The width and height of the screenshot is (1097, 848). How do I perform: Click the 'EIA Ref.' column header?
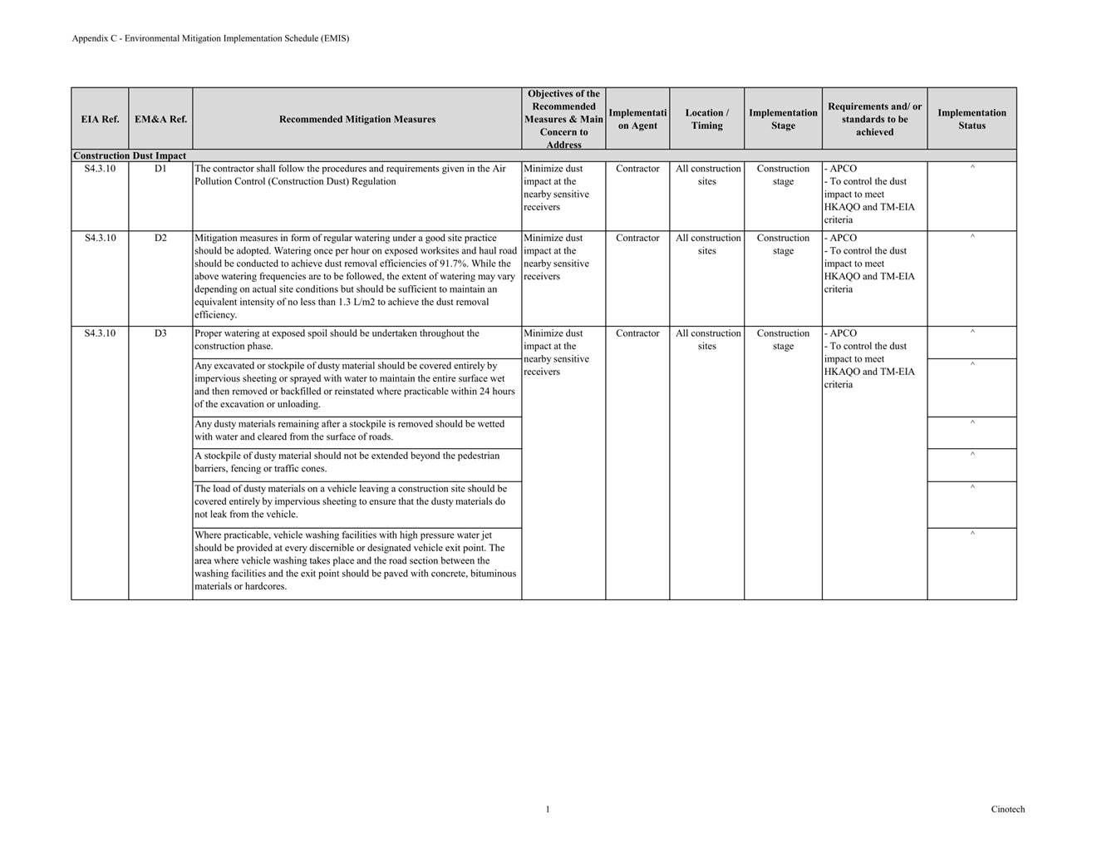(x=100, y=119)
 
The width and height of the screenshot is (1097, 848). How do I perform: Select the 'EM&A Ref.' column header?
(x=160, y=119)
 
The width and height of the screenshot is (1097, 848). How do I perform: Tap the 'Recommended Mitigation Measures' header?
(x=357, y=119)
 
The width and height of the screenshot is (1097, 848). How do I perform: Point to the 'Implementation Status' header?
(x=972, y=119)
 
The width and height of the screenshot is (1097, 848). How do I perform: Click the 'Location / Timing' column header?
(x=706, y=119)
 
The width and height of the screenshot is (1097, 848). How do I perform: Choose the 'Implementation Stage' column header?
(x=783, y=119)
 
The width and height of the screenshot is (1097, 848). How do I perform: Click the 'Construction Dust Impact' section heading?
(x=130, y=155)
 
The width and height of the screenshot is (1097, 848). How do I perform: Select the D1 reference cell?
(x=160, y=169)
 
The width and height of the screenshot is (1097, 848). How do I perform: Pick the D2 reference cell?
(x=160, y=238)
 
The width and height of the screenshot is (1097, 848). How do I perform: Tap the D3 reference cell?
(x=160, y=333)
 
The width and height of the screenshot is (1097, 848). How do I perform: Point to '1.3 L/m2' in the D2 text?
(x=357, y=302)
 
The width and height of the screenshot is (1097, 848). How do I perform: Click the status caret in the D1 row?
(x=972, y=168)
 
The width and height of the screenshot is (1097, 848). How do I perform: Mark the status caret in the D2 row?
(x=972, y=237)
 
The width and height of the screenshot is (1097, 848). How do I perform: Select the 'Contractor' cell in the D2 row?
(x=637, y=238)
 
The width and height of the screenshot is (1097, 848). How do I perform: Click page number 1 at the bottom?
(x=548, y=809)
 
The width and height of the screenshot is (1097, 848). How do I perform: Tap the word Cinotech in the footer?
(x=1007, y=809)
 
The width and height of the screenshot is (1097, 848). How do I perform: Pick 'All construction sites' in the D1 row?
(x=707, y=175)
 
